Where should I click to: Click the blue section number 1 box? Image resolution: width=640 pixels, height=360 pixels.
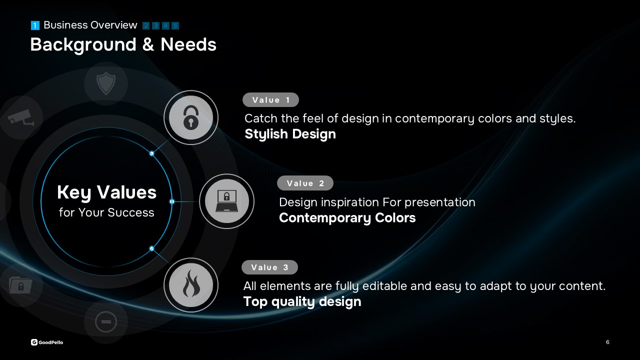(x=35, y=25)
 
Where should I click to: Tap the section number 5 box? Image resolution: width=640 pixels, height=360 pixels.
(x=175, y=25)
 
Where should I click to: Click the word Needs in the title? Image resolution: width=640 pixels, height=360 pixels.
(x=188, y=44)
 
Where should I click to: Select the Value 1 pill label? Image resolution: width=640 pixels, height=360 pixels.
(x=270, y=99)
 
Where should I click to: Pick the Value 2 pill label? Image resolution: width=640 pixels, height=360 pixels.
(x=305, y=183)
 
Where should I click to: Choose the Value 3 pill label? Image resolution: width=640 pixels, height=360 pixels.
(x=269, y=267)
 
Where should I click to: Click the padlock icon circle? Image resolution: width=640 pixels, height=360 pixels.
(x=191, y=117)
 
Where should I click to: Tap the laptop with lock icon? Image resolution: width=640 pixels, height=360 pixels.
(x=226, y=201)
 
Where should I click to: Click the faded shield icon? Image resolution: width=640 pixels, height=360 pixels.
(x=106, y=83)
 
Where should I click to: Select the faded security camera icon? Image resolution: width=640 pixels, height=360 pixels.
(x=21, y=117)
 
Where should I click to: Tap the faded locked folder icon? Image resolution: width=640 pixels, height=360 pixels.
(x=20, y=285)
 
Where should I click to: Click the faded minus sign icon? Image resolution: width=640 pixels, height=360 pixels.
(x=106, y=321)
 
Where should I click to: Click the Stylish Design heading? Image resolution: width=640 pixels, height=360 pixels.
(x=290, y=134)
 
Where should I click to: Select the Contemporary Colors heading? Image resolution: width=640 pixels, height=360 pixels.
(x=347, y=217)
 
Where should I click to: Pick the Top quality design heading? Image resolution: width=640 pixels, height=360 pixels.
(x=302, y=301)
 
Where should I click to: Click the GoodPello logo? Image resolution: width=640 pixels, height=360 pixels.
(x=47, y=342)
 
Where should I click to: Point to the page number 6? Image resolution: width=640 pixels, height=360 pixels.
(x=607, y=342)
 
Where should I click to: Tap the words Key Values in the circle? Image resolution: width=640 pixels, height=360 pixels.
(x=106, y=192)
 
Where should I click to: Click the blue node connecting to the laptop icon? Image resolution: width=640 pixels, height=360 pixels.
(x=172, y=201)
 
